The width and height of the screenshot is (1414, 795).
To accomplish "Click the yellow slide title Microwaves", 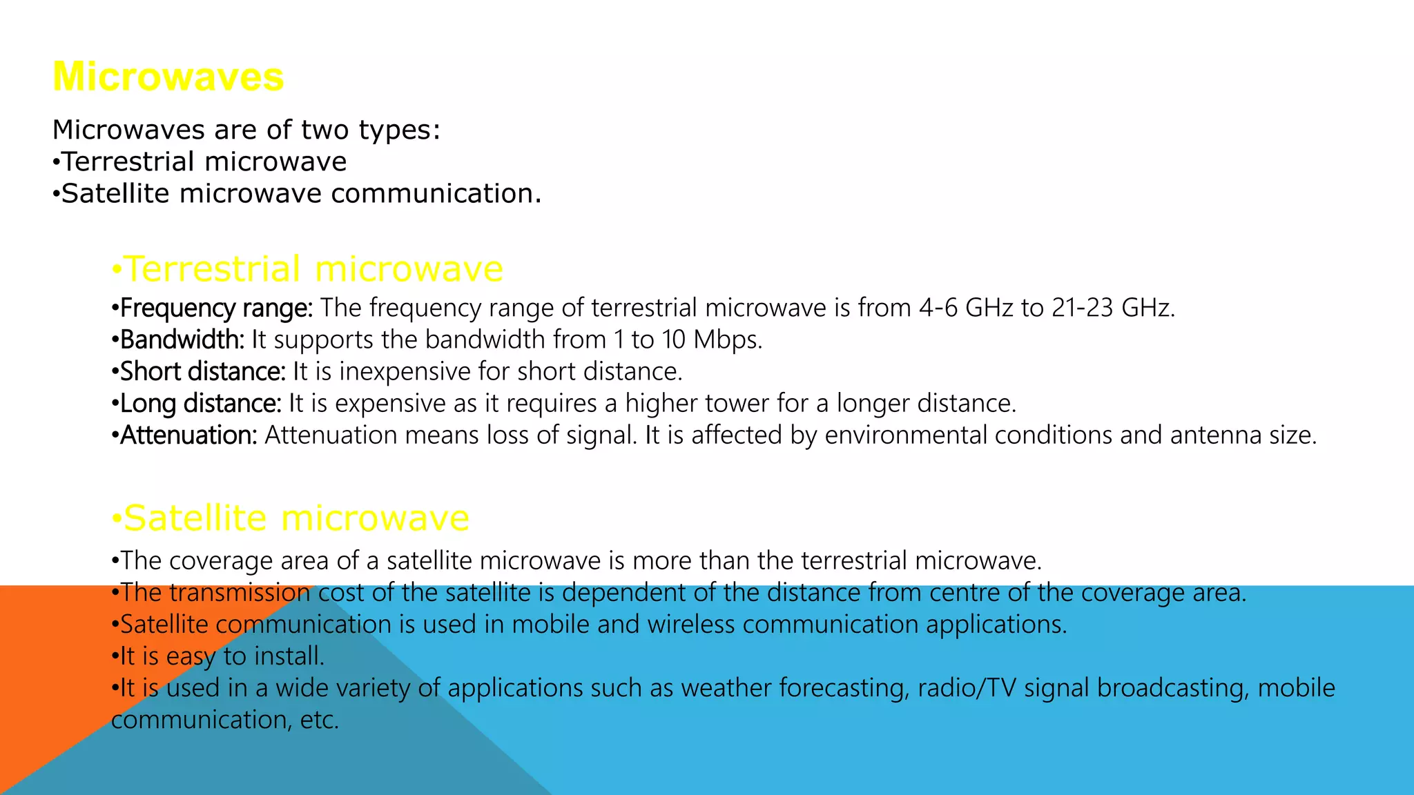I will (x=168, y=77).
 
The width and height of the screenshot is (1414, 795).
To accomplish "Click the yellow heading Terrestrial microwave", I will (x=307, y=268).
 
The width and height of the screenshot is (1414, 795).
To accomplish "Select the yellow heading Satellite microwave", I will (x=291, y=518).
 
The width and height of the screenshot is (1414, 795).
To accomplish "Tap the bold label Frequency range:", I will (x=216, y=308).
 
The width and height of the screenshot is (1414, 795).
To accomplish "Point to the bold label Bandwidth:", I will (x=182, y=340).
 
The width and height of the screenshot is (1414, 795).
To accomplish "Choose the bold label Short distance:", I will (x=202, y=371).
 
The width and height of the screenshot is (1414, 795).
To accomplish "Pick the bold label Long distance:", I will (x=200, y=403).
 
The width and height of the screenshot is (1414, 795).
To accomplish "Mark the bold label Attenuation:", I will (x=188, y=435).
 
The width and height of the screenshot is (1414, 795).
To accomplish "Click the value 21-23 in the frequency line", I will (x=1083, y=308).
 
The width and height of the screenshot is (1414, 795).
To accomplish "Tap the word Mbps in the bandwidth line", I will (x=728, y=340).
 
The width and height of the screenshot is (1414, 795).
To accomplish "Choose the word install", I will (x=289, y=656).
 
